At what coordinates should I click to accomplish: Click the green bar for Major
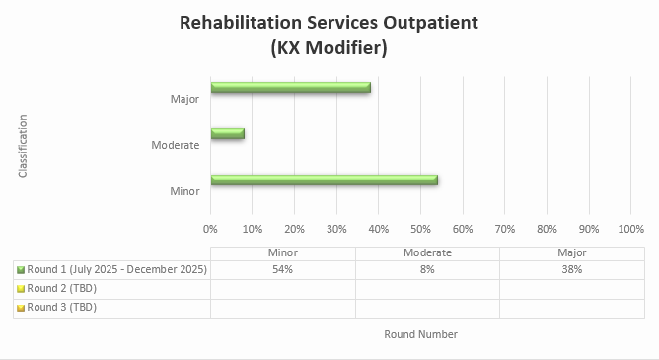(x=290, y=87)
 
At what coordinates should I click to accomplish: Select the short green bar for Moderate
(x=227, y=133)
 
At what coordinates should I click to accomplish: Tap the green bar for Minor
(x=324, y=180)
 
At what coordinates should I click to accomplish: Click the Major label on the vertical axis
(x=184, y=99)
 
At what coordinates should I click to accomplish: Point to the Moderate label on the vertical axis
(x=176, y=145)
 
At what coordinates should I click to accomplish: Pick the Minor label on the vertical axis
(x=184, y=191)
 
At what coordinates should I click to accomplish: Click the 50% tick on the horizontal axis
(x=420, y=229)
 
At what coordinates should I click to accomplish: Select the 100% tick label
(x=630, y=229)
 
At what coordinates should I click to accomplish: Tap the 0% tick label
(x=210, y=229)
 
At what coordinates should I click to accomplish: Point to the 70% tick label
(x=504, y=229)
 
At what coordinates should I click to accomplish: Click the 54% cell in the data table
(x=283, y=269)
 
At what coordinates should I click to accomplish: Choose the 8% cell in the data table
(x=427, y=269)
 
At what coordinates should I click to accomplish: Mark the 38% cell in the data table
(x=571, y=269)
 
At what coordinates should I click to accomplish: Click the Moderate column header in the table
(x=427, y=252)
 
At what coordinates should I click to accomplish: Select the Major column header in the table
(x=571, y=252)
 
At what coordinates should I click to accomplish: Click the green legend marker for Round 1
(x=20, y=269)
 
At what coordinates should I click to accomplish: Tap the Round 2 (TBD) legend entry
(x=61, y=288)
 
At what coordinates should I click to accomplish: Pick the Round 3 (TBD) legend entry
(x=61, y=307)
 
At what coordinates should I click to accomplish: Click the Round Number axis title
(x=420, y=334)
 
